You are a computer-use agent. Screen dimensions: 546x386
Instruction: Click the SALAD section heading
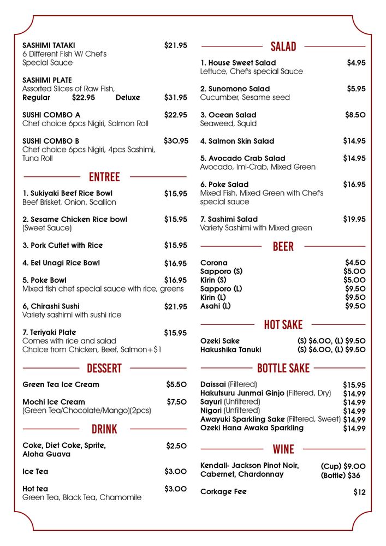pos(283,46)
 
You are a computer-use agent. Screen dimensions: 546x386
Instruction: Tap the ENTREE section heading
pos(104,177)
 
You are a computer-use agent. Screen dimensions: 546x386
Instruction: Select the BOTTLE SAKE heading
pos(283,368)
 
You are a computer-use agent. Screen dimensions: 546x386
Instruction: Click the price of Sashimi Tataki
pos(175,45)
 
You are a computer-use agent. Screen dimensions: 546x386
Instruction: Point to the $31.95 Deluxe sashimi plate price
pos(175,98)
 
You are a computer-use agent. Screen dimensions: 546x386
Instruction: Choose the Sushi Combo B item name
pos(51,141)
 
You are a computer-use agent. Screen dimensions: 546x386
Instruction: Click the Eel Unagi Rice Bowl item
pos(61,263)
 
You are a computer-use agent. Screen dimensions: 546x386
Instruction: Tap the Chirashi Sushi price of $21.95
pos(175,307)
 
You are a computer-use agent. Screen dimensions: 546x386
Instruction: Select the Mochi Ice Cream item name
pos(54,402)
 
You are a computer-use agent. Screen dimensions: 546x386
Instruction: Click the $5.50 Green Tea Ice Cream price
pos(176,384)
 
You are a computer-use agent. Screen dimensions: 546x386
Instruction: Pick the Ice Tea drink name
pos(35,472)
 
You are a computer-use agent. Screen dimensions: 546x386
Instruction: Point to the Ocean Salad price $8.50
pos(355,115)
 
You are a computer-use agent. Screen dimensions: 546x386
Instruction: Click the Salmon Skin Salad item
pos(237,141)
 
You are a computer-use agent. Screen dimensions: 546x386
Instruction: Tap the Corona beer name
pos(214,263)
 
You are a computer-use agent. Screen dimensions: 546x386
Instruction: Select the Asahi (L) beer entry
pos(216,306)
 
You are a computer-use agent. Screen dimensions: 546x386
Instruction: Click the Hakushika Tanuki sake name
pos(230,349)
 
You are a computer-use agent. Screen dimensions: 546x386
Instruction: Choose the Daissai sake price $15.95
pos(354,385)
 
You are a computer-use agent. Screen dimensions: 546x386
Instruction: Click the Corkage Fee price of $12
pos(359,492)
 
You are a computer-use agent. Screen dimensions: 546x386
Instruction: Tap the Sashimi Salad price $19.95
pos(354,219)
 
